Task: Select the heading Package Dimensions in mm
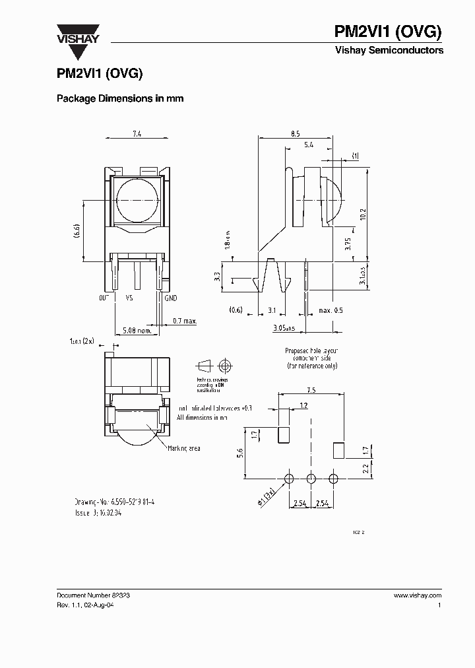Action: click(x=119, y=98)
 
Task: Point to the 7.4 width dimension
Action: click(x=137, y=134)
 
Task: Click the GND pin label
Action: click(x=172, y=298)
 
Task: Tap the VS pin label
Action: click(x=131, y=298)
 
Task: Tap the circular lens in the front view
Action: click(x=137, y=200)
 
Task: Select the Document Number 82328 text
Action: click(x=93, y=595)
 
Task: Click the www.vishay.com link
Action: click(x=417, y=595)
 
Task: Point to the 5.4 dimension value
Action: click(x=308, y=144)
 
